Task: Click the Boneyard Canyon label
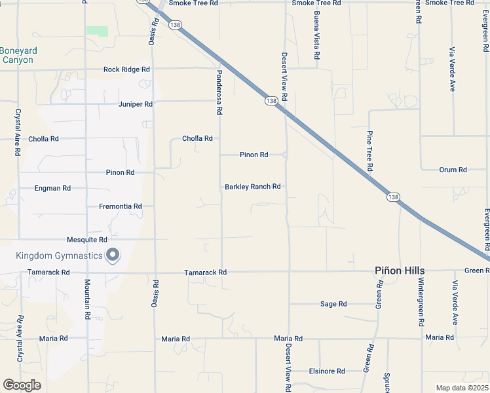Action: click(18, 55)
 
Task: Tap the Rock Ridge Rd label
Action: click(126, 69)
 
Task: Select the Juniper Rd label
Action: click(136, 104)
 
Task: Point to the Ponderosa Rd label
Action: click(219, 93)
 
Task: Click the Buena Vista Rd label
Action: click(316, 36)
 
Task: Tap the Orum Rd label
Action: click(453, 170)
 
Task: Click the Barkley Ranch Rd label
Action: click(253, 187)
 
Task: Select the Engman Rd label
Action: click(52, 189)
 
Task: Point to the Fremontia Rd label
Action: click(121, 206)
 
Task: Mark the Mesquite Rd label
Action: click(86, 240)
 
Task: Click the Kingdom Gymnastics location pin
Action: click(113, 255)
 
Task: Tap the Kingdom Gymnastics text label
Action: click(60, 255)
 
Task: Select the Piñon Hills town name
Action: click(400, 271)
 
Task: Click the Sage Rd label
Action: click(333, 304)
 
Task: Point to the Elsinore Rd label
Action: click(327, 371)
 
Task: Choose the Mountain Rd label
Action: click(86, 299)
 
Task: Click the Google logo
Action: click(22, 385)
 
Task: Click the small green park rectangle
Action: click(97, 31)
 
